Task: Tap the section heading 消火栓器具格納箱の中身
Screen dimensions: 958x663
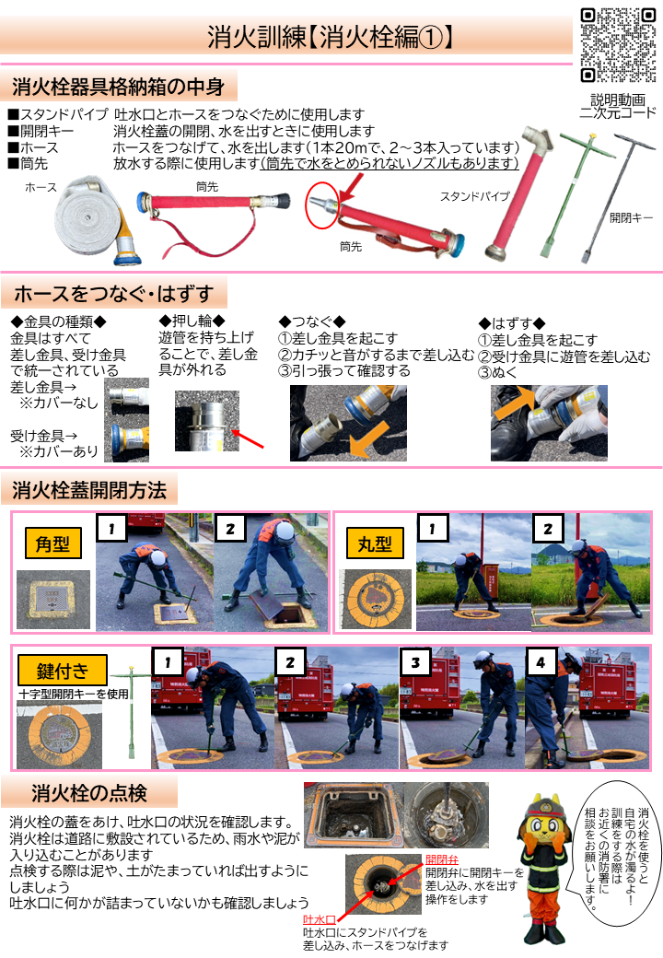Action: pos(118,88)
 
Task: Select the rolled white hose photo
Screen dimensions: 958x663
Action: pos(87,219)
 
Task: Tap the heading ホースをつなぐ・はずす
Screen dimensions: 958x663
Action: pos(113,294)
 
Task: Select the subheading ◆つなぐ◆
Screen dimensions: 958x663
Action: pos(311,321)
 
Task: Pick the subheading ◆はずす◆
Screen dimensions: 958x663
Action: pos(512,323)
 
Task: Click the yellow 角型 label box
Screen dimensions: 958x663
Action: pos(52,543)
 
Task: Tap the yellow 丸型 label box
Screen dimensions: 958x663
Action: pos(373,543)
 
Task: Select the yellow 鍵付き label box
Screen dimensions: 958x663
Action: pos(62,670)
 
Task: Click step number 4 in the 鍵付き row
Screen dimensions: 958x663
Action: pos(541,661)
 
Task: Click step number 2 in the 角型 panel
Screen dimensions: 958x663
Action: pos(228,529)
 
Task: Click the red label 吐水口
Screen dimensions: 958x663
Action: pos(318,920)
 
